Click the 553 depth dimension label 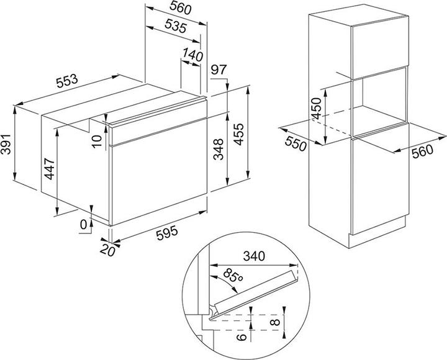click(x=67, y=81)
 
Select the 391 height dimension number click(x=6, y=144)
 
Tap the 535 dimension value click(x=176, y=26)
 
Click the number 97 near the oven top click(x=219, y=70)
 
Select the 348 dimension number click(x=219, y=150)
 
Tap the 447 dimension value click(x=49, y=169)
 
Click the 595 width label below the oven click(x=167, y=232)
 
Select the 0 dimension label click(x=83, y=225)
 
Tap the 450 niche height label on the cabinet click(x=317, y=109)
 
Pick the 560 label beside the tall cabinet click(x=423, y=151)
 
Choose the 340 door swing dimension click(x=254, y=256)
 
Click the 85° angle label click(x=233, y=276)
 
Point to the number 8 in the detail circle click(x=275, y=322)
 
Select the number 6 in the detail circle click(x=242, y=336)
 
